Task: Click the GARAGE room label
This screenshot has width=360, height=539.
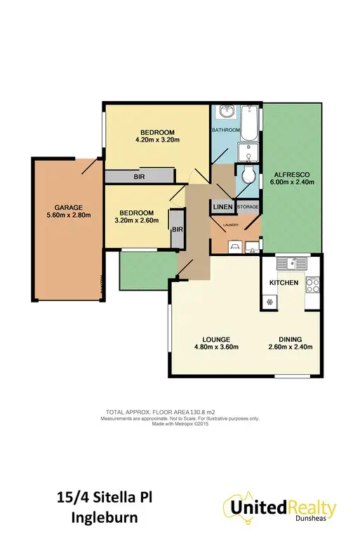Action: point(69,207)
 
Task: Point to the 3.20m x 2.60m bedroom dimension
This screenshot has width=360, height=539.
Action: point(136,220)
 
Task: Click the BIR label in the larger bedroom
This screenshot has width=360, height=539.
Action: point(139,178)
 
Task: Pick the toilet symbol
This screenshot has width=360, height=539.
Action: point(246,175)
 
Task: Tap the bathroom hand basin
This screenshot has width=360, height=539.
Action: point(227,112)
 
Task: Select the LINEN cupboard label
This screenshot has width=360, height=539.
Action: point(222,207)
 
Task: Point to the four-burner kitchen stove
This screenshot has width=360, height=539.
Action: point(314,286)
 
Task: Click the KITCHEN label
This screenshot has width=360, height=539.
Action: point(284,282)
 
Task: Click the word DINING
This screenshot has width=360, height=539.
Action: point(290,338)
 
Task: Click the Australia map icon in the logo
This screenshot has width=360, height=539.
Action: point(233,509)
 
